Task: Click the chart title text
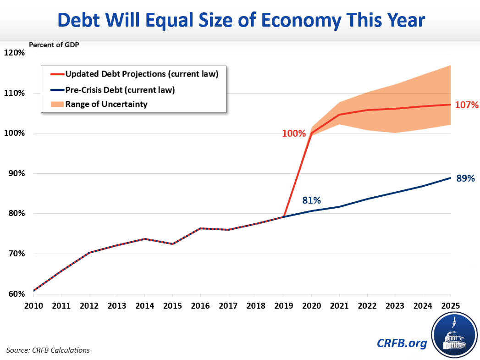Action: pyautogui.click(x=240, y=21)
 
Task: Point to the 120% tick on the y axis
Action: pyautogui.click(x=15, y=53)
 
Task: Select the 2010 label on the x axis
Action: pyautogui.click(x=34, y=305)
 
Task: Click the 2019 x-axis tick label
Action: pyautogui.click(x=284, y=305)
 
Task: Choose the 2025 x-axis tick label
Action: pyautogui.click(x=450, y=305)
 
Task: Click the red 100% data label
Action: pyautogui.click(x=294, y=133)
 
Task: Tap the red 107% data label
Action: pyautogui.click(x=467, y=105)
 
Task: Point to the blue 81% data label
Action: pyautogui.click(x=311, y=200)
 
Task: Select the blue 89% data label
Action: pyautogui.click(x=465, y=179)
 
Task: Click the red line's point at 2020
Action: pyautogui.click(x=312, y=133)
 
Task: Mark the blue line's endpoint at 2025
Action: pyautogui.click(x=451, y=178)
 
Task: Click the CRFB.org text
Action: pyautogui.click(x=401, y=343)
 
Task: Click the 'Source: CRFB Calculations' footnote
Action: pyautogui.click(x=48, y=350)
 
